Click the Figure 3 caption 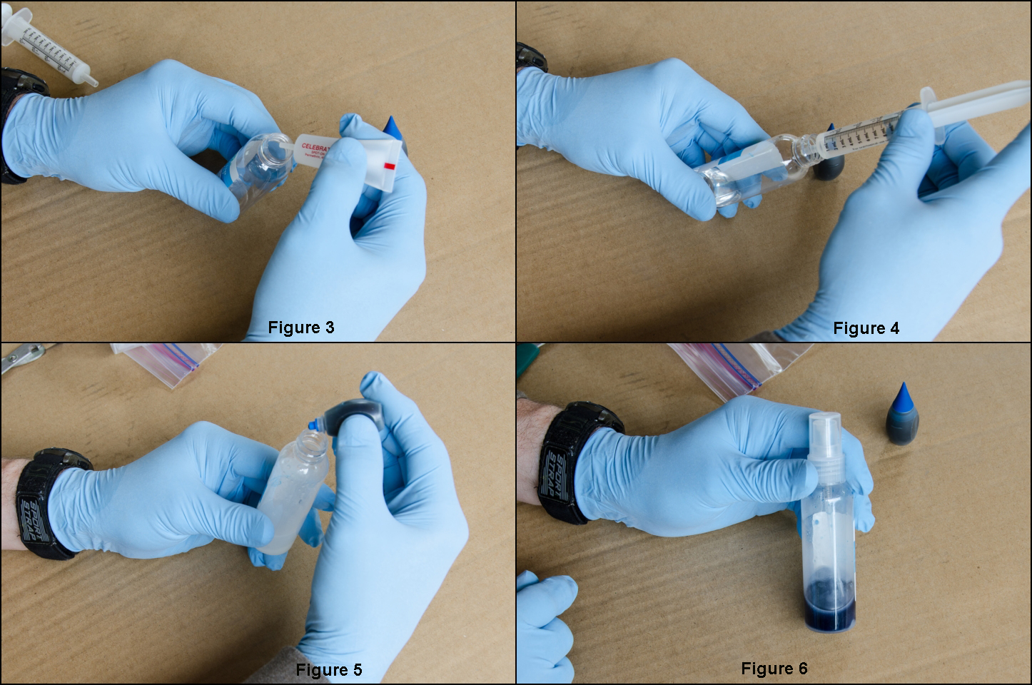300,328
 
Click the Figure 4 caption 866,328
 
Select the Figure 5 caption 328,670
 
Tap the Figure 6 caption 774,669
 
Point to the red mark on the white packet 389,166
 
